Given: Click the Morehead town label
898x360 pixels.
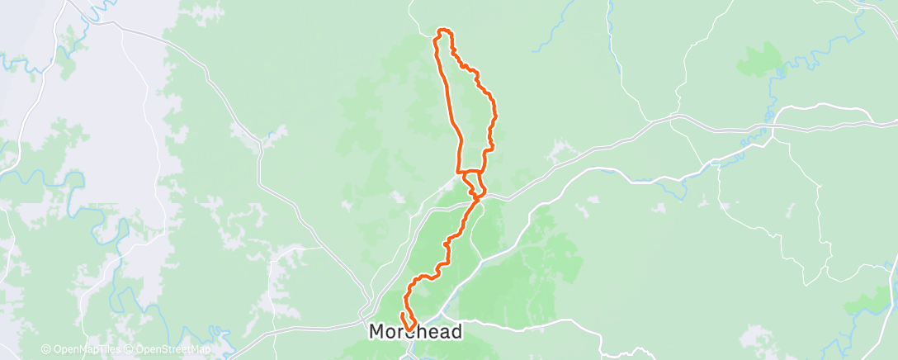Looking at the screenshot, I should (415, 331).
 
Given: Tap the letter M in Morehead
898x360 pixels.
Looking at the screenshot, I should (376, 331).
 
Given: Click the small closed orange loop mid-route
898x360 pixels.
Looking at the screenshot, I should (473, 182).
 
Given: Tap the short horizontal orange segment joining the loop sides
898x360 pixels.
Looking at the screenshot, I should (471, 173).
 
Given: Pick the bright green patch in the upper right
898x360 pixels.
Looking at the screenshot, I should (760, 59).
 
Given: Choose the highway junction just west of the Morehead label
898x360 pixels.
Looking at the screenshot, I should (364, 315).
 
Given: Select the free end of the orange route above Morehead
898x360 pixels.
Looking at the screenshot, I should (401, 315).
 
